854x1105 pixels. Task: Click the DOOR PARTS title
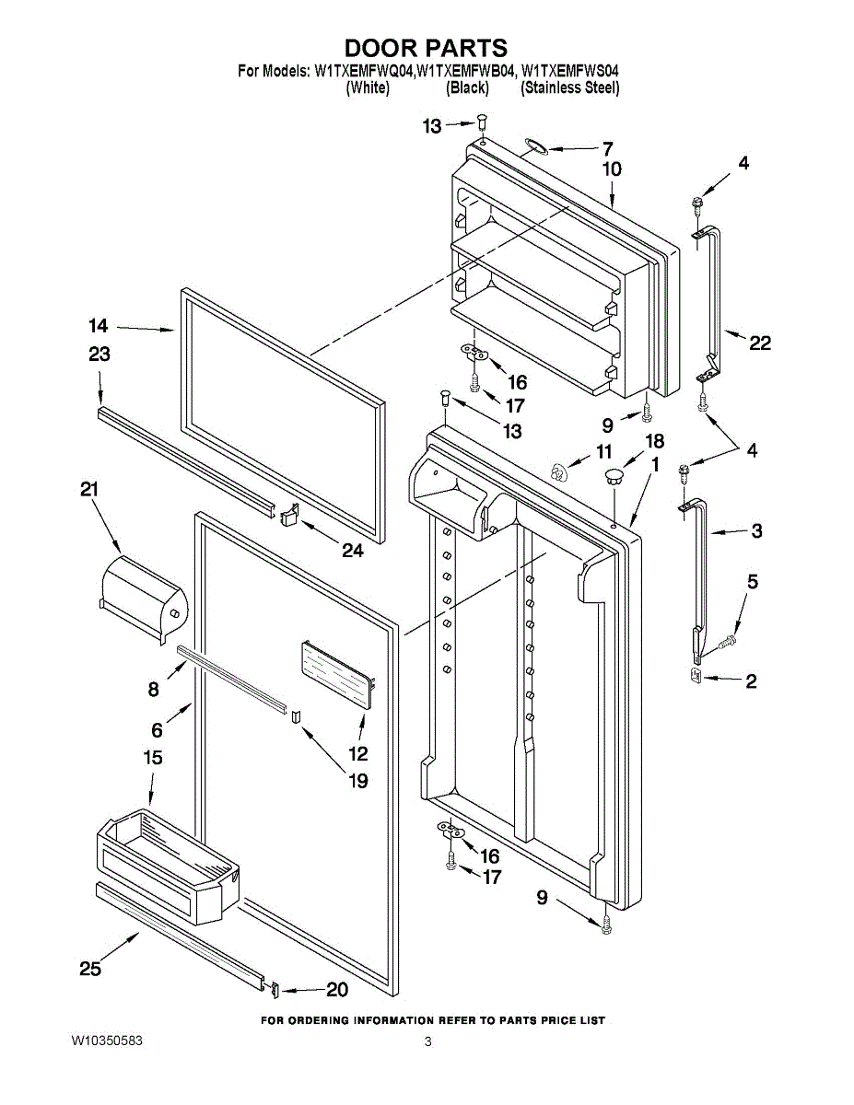pyautogui.click(x=426, y=48)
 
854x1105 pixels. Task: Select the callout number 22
pyautogui.click(x=759, y=343)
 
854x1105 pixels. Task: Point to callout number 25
pyautogui.click(x=89, y=969)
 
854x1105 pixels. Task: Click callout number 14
pyautogui.click(x=99, y=325)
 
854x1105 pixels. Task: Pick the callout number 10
pyautogui.click(x=612, y=169)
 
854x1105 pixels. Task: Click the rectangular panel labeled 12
pyautogui.click(x=337, y=673)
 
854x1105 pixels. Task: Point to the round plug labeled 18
pyautogui.click(x=614, y=476)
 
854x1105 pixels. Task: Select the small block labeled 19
pyautogui.click(x=295, y=716)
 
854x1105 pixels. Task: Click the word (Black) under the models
pyautogui.click(x=467, y=88)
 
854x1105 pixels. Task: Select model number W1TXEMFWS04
pyautogui.click(x=570, y=70)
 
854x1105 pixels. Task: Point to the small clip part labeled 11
pyautogui.click(x=556, y=472)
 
